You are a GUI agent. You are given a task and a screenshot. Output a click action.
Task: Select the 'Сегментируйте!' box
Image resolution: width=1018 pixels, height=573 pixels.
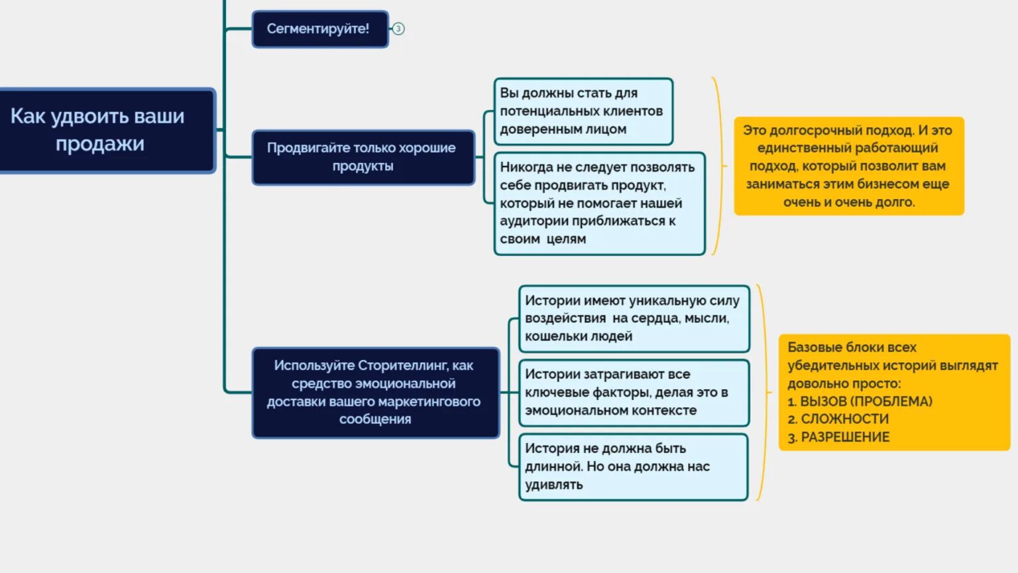coord(319,29)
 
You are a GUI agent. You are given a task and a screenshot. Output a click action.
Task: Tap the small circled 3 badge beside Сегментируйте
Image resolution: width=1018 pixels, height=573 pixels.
coord(398,29)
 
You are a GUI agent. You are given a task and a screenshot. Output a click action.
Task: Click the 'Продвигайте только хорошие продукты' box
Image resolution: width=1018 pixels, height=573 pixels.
coord(363,157)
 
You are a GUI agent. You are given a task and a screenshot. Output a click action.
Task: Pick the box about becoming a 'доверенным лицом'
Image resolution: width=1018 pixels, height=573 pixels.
coord(583,111)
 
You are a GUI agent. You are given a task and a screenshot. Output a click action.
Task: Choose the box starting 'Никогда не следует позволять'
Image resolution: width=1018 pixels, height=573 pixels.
coord(598,203)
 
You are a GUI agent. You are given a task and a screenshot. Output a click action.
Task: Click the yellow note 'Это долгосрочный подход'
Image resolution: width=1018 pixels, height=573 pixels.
coord(848,166)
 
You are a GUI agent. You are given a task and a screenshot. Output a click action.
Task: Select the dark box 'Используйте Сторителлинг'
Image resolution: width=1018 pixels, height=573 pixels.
coord(375,392)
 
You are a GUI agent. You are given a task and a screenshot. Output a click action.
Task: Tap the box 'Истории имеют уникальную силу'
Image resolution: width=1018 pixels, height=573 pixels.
coord(634,318)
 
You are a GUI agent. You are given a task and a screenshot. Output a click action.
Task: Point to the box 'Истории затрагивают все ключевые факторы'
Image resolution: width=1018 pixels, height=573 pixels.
coord(634,393)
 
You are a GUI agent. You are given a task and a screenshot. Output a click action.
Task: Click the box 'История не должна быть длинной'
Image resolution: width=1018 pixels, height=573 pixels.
coord(633,466)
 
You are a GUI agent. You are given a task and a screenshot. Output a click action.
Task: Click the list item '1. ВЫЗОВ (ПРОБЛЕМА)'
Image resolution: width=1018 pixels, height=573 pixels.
coord(860,401)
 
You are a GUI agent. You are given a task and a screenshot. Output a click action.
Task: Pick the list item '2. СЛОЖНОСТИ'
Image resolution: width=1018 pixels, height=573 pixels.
coord(838,419)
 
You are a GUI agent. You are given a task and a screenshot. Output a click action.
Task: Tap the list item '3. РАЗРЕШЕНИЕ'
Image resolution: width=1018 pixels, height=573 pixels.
coord(839,437)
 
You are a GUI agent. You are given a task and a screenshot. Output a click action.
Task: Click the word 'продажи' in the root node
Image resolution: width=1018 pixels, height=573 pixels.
coord(100,144)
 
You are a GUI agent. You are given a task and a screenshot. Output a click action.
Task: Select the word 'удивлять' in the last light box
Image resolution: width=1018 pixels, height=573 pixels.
coord(554,485)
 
